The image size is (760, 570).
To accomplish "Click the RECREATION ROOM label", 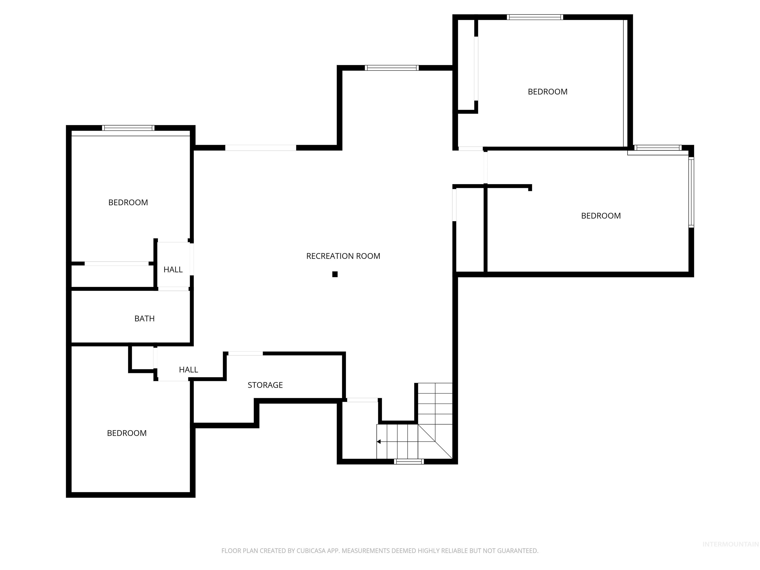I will coord(343,256).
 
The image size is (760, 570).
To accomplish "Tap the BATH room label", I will coord(144,318).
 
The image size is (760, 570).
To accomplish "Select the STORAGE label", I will coord(265,385).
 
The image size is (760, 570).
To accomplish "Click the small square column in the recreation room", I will coord(335,274).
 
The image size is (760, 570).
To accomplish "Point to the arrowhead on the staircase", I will coord(379,442).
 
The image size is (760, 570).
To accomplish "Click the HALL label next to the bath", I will coord(173,270).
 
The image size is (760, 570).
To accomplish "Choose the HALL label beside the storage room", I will coord(188,370).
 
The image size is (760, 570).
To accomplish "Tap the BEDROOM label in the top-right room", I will coord(547,92).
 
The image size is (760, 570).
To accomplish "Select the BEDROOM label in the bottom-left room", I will coord(127,433).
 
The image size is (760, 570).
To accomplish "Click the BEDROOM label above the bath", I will coord(128,203).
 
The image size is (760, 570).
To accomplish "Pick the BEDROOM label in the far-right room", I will coord(601,216).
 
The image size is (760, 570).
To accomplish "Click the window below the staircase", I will coord(408,461).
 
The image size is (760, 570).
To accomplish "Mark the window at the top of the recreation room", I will coord(391,68).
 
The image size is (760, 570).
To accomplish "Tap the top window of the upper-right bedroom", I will coord(535,17).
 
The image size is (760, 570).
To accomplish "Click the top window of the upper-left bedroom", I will coord(128,128).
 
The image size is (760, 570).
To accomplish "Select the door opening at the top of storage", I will coord(245,354).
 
